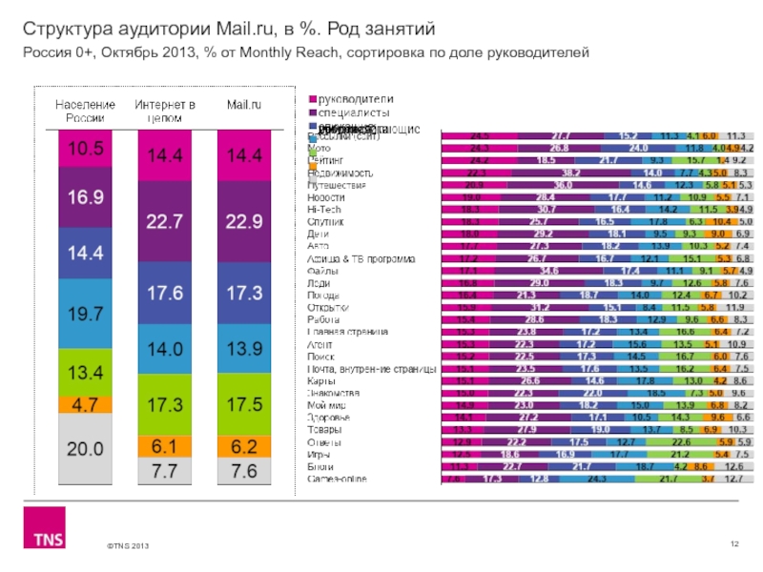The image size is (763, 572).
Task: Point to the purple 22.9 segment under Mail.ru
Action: pos(244,221)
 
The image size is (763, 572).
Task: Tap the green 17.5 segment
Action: pos(244,404)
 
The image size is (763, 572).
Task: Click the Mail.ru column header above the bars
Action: pos(244,103)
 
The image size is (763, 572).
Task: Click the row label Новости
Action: pos(326,196)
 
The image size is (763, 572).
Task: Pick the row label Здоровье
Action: pos(329,418)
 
